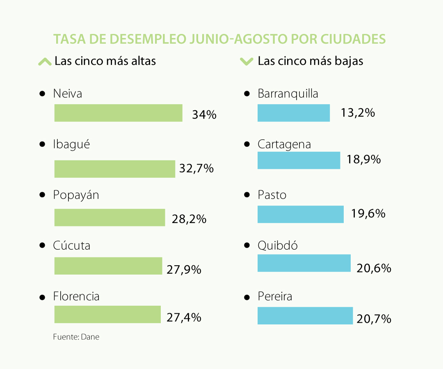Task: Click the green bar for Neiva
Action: point(118,113)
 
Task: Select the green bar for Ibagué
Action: point(114,169)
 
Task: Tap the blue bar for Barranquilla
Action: point(293,113)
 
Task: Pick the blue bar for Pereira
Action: point(305,315)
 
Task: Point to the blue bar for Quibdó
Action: point(304,263)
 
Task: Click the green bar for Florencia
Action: point(107,314)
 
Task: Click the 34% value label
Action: point(204,114)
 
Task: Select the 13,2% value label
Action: point(358,113)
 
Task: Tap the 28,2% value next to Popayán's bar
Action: point(189,219)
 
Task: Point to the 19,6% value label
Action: point(368,213)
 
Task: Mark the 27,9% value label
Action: point(184,269)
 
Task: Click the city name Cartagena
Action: point(284,144)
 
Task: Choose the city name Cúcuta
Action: point(72,246)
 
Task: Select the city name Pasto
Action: point(272,195)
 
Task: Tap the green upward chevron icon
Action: point(44,61)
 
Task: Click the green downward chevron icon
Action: point(247,61)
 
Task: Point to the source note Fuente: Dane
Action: point(76,337)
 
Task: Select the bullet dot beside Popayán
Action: point(42,195)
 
